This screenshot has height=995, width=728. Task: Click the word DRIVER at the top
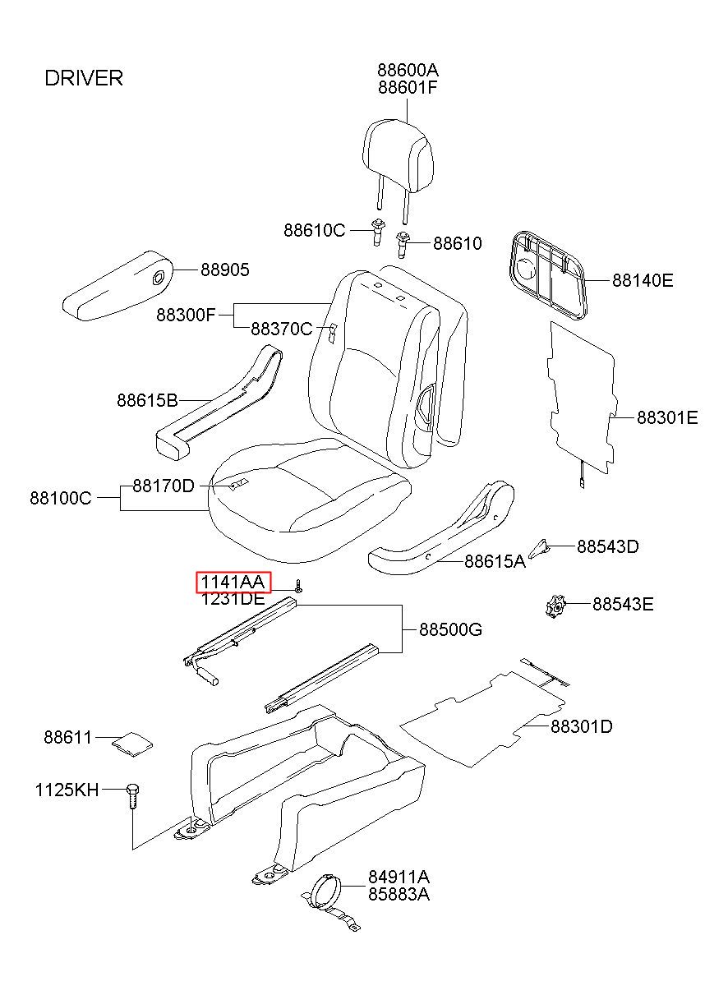click(x=83, y=78)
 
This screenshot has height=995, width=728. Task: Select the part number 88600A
click(x=408, y=70)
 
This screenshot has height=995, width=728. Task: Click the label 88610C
click(x=315, y=230)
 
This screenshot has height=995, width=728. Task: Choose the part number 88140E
click(x=642, y=280)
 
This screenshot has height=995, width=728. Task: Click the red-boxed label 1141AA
click(x=233, y=583)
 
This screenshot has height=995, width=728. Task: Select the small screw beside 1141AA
click(x=299, y=586)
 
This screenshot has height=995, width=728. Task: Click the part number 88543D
click(x=607, y=546)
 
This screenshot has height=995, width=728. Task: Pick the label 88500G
click(x=450, y=630)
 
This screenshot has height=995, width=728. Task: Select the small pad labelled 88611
click(x=131, y=742)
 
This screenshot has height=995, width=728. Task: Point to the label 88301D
click(x=581, y=726)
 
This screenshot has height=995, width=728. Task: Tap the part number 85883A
click(x=399, y=893)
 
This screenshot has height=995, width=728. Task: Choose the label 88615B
click(x=147, y=400)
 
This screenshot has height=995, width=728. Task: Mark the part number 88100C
click(x=61, y=497)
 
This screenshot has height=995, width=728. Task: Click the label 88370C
click(x=281, y=329)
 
